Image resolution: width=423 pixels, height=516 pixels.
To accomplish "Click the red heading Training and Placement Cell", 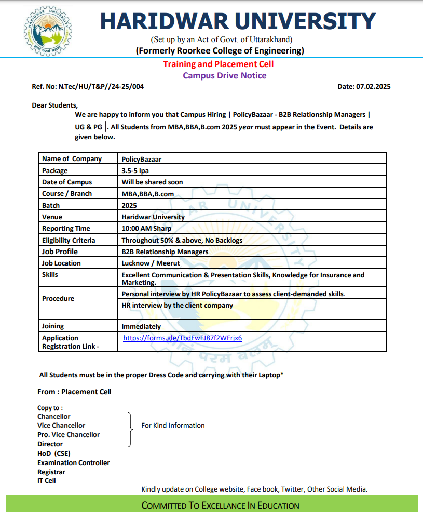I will pos(218,64).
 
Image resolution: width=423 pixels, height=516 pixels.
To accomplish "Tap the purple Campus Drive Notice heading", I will pos(224,75).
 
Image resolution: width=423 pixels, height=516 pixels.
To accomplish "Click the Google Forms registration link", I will pos(182,338).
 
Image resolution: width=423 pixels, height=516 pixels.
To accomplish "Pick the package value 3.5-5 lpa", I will pos(135,170).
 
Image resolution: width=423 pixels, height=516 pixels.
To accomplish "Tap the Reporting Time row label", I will pos(66,228).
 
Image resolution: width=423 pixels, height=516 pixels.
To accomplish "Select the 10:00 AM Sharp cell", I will pos(146,228).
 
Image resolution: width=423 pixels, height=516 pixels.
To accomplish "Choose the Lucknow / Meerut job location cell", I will pos(151,263).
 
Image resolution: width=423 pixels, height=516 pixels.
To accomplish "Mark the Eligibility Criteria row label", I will pos(69,240).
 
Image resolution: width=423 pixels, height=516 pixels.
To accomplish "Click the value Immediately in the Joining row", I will pos(141,326).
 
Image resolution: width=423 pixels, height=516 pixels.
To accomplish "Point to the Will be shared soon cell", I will pos(152,182).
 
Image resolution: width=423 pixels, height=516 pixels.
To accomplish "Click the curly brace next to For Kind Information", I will pos(129,429).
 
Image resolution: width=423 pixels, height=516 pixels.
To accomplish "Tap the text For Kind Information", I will pos(173,425).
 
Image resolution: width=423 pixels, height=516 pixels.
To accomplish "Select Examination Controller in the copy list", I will pos(73,462).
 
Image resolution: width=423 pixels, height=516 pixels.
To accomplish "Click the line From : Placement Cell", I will pos(74,392).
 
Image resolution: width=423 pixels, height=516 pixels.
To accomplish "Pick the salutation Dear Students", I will pos(54,105).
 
